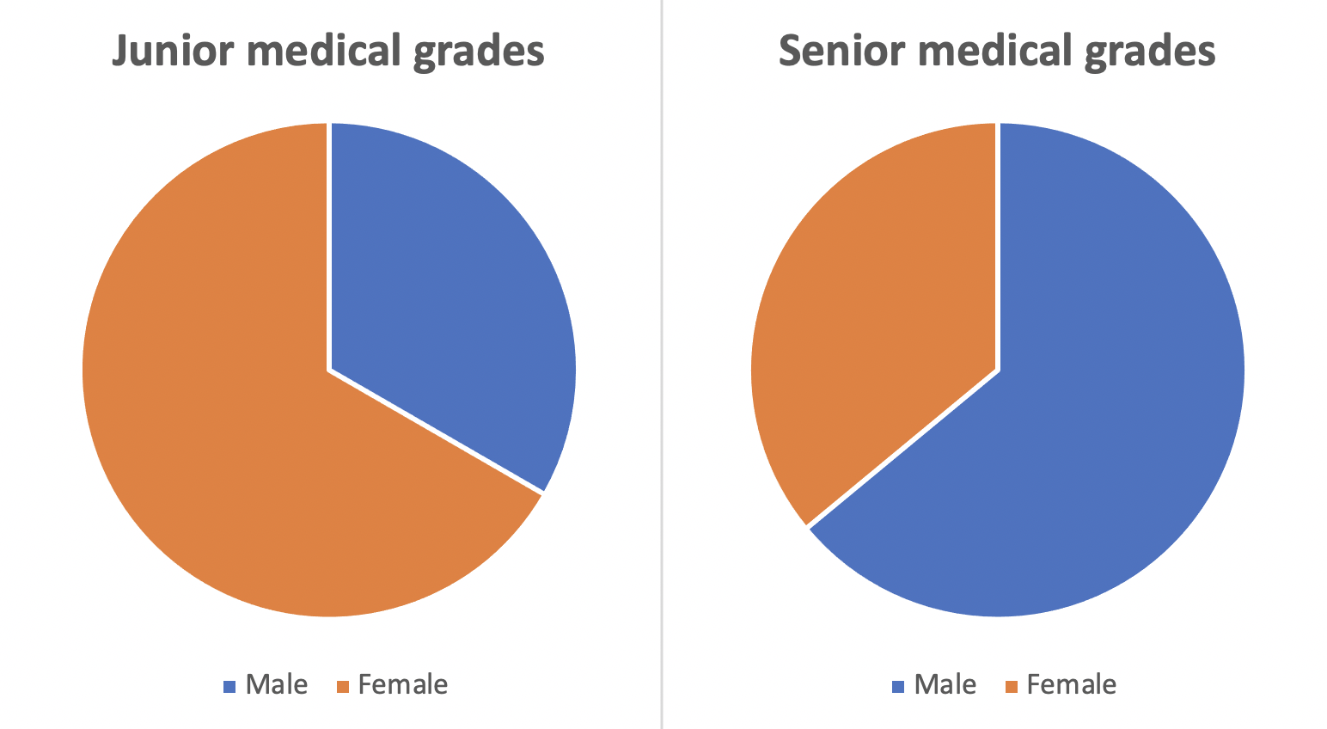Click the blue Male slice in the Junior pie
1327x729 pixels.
click(x=447, y=284)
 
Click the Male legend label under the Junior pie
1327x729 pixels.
click(x=277, y=685)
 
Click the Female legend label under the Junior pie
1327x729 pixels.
click(x=403, y=685)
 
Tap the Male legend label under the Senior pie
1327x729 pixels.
click(x=945, y=685)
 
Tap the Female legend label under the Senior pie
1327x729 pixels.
click(x=1072, y=685)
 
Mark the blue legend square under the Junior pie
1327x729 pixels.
click(x=229, y=687)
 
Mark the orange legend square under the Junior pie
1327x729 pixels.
click(x=342, y=687)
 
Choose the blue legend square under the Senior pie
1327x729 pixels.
click(x=898, y=687)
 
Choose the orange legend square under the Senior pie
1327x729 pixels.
click(x=1011, y=687)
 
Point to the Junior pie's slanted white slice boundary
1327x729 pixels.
click(x=437, y=432)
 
